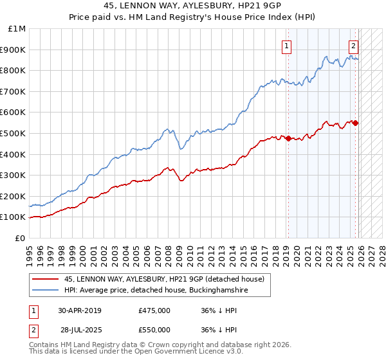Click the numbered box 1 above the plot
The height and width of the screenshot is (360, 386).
pyautogui.click(x=286, y=45)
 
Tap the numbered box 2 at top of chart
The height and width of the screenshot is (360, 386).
pyautogui.click(x=353, y=45)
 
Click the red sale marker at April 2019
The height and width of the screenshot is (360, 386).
pyautogui.click(x=288, y=138)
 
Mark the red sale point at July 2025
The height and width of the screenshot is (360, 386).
pyautogui.click(x=356, y=123)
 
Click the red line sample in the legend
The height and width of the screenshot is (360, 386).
pyautogui.click(x=45, y=279)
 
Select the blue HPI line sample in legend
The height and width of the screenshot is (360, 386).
pyautogui.click(x=45, y=291)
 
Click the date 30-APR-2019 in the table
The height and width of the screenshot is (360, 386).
pyautogui.click(x=80, y=310)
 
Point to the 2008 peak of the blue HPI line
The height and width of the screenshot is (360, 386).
pyautogui.click(x=167, y=129)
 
